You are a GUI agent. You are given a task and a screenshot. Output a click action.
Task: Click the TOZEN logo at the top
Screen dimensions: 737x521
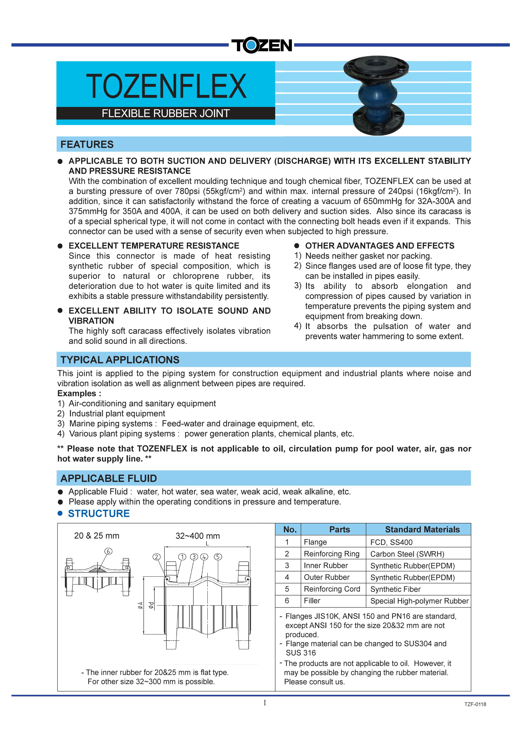tap(261, 45)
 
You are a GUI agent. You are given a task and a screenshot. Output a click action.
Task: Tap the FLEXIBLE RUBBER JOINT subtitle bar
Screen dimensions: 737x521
tap(166, 113)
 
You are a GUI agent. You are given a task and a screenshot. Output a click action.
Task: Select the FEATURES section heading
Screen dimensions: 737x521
tap(87, 145)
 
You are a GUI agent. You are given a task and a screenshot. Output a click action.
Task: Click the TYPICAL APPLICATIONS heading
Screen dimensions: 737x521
tap(120, 360)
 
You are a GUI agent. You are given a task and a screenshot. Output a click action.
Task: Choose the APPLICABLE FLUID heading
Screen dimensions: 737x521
tap(108, 478)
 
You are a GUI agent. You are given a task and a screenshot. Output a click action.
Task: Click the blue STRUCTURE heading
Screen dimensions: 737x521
tap(99, 514)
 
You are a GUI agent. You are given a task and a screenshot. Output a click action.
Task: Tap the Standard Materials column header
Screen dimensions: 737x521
tap(422, 529)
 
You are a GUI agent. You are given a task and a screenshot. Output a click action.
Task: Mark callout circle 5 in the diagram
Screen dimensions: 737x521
tap(218, 557)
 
